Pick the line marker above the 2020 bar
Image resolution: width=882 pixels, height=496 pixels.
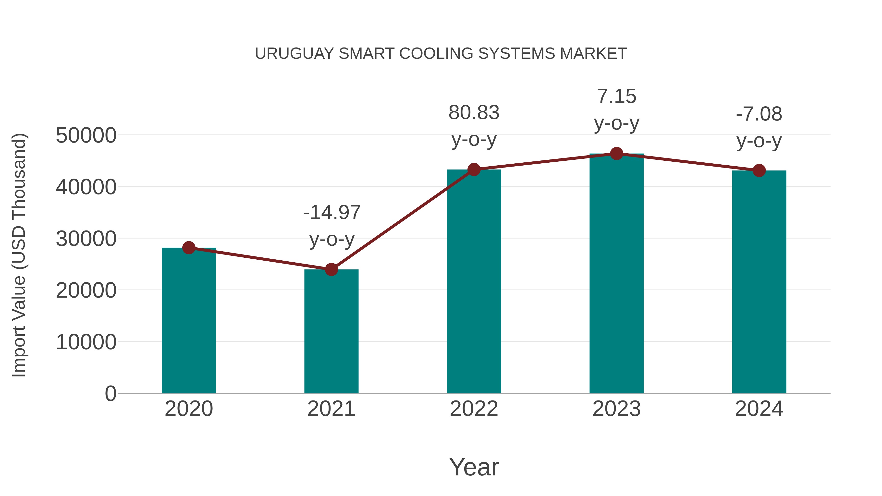click(x=189, y=247)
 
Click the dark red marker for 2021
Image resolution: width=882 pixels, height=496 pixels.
click(x=331, y=269)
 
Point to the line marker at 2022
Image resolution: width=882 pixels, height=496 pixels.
click(x=474, y=169)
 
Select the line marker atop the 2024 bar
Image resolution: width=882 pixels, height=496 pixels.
click(x=759, y=170)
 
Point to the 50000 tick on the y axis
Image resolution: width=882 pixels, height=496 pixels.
click(x=86, y=135)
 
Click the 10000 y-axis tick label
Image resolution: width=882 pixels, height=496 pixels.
click(x=86, y=342)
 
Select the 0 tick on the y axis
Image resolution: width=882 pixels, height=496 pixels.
click(x=110, y=393)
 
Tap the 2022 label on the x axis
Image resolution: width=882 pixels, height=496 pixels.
click(x=474, y=409)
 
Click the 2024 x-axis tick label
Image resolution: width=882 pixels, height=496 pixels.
click(x=759, y=409)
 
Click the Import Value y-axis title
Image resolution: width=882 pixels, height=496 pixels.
click(x=19, y=255)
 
